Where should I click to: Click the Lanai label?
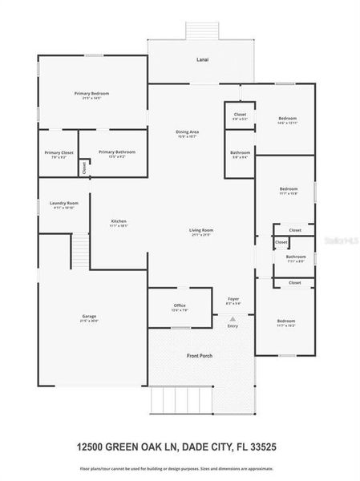point(203,60)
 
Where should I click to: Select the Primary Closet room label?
point(59,152)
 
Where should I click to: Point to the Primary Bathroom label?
point(117,152)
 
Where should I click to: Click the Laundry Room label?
point(63,204)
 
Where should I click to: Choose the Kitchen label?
point(119,221)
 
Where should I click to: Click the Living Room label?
point(201,231)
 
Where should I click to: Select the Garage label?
point(89,317)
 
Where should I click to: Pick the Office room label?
point(180,306)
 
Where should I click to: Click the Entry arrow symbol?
point(233,319)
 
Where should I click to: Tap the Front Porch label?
point(199,355)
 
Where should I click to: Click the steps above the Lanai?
point(203,30)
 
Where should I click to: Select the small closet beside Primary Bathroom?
point(83,168)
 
